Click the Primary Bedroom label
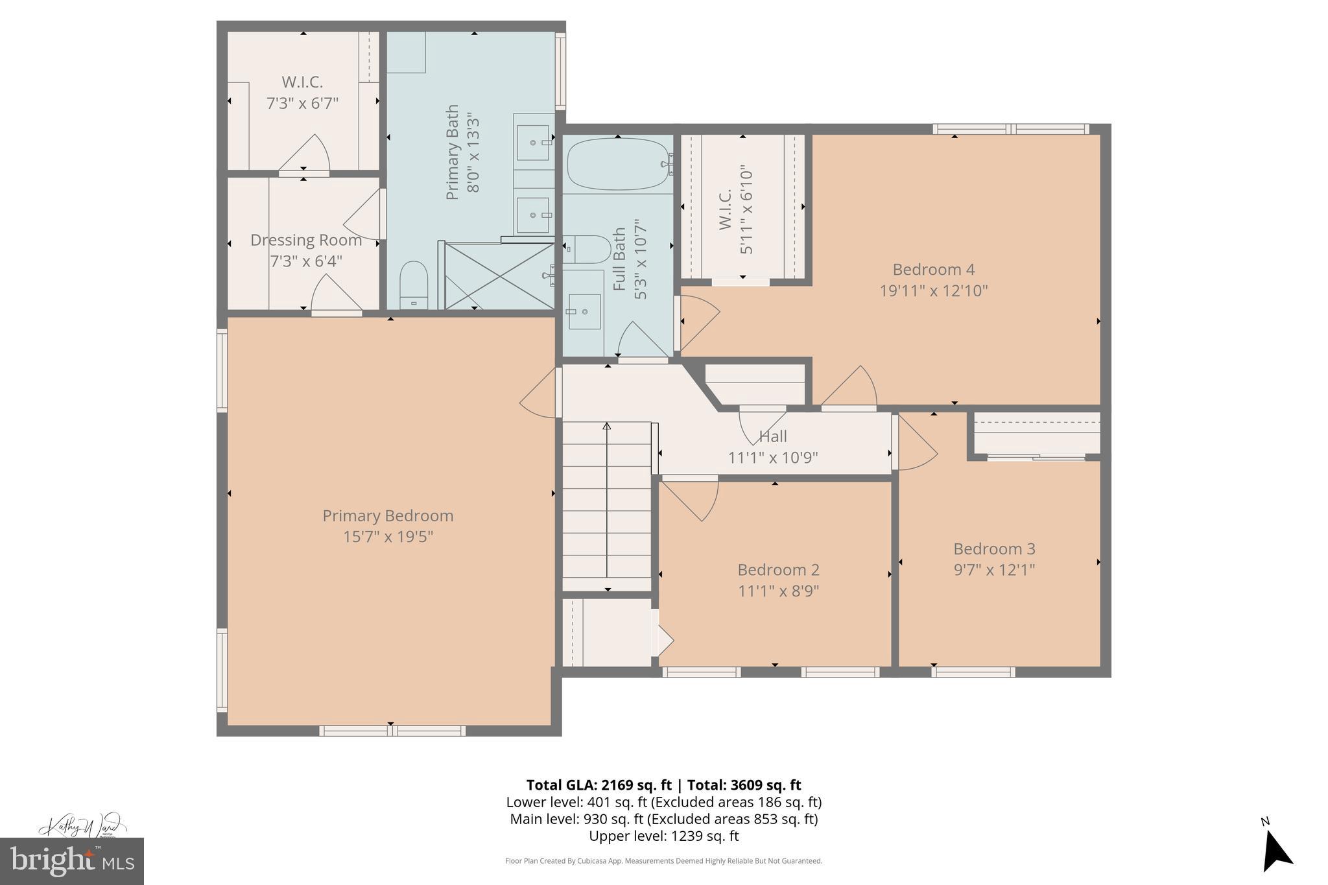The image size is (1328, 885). click(388, 515)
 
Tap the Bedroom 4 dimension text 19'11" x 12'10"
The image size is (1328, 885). click(933, 291)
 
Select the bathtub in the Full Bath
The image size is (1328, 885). click(617, 165)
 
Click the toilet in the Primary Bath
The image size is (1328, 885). click(413, 285)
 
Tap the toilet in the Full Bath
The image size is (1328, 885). click(587, 249)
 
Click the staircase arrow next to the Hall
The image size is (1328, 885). click(607, 499)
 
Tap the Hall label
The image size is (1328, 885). click(773, 436)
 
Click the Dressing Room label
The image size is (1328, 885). click(306, 240)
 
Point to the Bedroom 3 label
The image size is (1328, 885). click(994, 549)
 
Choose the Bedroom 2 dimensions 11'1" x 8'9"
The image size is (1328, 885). click(778, 591)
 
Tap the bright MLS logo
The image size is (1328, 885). click(72, 861)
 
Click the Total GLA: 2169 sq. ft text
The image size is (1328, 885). click(598, 785)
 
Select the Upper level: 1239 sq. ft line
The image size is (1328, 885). click(663, 836)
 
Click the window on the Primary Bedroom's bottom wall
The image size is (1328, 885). click(392, 731)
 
